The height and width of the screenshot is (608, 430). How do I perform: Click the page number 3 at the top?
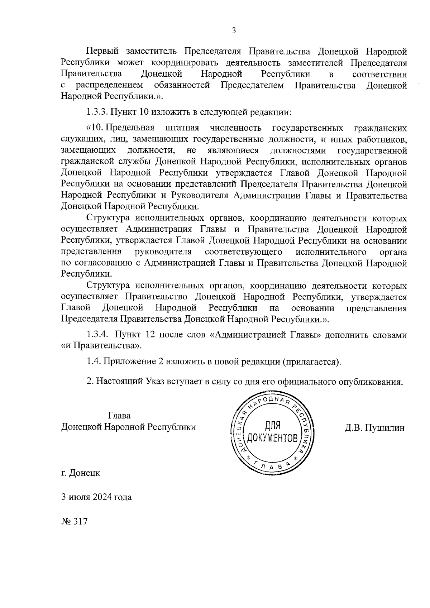pos(234,31)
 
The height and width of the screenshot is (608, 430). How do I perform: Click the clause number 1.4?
pos(94,361)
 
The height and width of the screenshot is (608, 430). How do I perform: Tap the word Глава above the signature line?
pos(119,416)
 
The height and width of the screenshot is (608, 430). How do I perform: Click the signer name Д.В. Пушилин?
pos(374,427)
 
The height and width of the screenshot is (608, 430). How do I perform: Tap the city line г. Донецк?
pos(81,473)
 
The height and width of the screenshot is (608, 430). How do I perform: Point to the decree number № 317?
pos(75,521)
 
